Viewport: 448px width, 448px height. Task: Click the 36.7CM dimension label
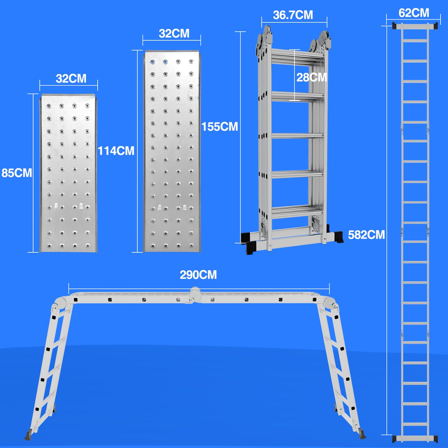pyautogui.click(x=293, y=15)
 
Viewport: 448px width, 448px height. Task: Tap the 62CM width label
pyautogui.click(x=414, y=13)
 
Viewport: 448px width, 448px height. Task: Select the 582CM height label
pyautogui.click(x=366, y=235)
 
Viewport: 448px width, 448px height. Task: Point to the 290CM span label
pyautogui.click(x=198, y=275)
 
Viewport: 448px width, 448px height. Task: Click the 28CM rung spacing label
pyautogui.click(x=312, y=77)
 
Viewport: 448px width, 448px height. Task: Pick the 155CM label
pyautogui.click(x=220, y=127)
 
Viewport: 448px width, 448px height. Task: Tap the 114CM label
pyautogui.click(x=116, y=151)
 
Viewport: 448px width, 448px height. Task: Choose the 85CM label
pyautogui.click(x=17, y=173)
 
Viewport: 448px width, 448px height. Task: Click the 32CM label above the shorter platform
pyautogui.click(x=71, y=78)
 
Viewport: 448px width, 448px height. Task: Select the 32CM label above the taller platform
pyautogui.click(x=174, y=33)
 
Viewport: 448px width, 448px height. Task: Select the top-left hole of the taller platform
pyautogui.click(x=153, y=62)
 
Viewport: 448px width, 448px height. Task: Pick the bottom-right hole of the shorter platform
pyautogui.click(x=88, y=245)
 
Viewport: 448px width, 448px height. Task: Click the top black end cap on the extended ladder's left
pyautogui.click(x=395, y=25)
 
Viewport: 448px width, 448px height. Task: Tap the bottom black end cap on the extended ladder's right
pyautogui.click(x=435, y=439)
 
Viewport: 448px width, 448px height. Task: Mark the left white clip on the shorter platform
pyautogui.click(x=56, y=206)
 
